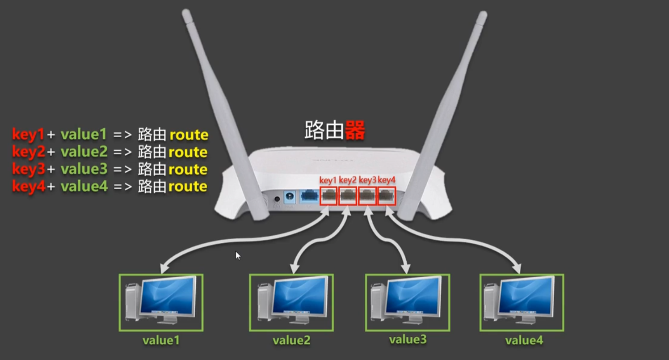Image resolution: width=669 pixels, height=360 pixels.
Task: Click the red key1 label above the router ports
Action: click(x=328, y=180)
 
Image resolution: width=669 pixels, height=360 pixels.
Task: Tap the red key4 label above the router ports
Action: click(x=387, y=180)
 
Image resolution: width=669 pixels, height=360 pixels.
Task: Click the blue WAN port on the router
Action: click(x=309, y=196)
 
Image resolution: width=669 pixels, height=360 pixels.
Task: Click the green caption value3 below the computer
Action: click(x=408, y=339)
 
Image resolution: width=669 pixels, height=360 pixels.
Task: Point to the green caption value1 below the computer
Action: click(x=161, y=340)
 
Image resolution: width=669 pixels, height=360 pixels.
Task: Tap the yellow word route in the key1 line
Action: click(x=189, y=135)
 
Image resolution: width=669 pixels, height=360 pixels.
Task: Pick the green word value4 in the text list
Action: click(x=84, y=186)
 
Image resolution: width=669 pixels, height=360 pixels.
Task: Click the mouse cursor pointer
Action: click(x=237, y=255)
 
